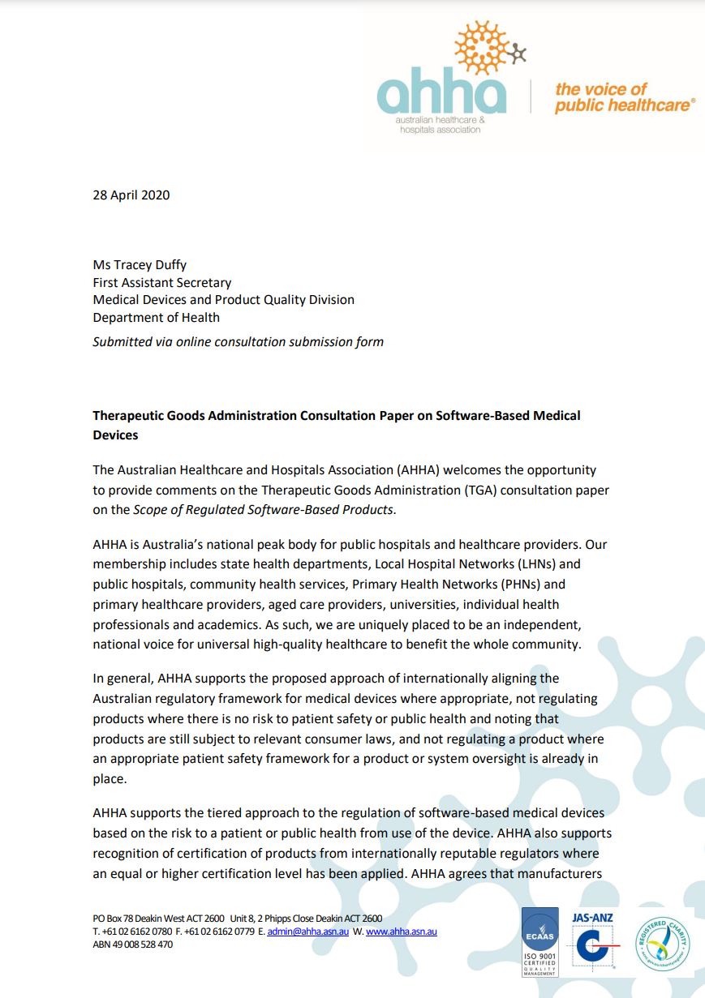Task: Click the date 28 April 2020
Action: click(x=131, y=195)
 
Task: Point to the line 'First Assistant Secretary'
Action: click(x=162, y=283)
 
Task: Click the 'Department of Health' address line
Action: click(x=157, y=317)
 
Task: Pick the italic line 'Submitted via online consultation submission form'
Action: click(x=238, y=341)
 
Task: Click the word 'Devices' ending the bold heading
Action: click(x=115, y=435)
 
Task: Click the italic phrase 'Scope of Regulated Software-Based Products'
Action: click(x=263, y=510)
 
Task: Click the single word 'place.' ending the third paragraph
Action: click(x=110, y=779)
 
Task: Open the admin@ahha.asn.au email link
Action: click(x=308, y=932)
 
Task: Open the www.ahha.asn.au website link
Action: click(x=401, y=932)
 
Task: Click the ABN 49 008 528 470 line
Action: click(x=133, y=944)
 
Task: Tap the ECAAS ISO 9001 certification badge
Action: click(x=539, y=940)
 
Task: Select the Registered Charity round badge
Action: click(x=663, y=941)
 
